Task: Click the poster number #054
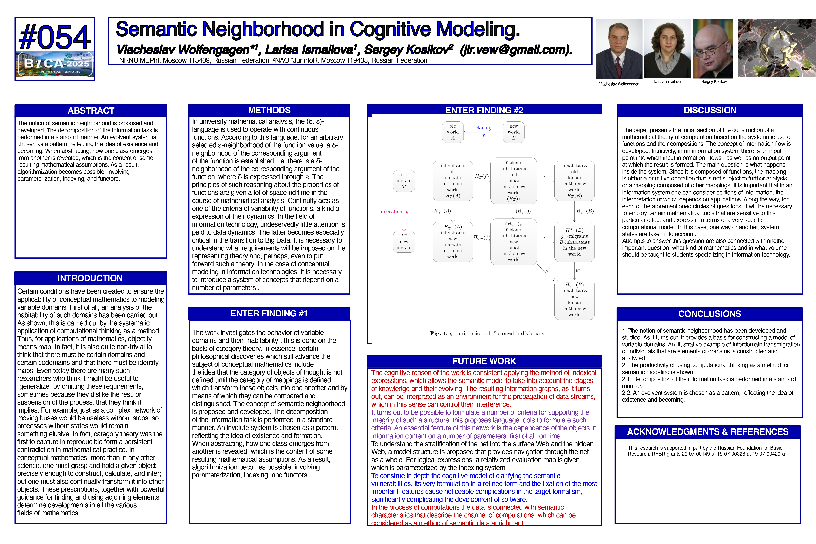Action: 55,37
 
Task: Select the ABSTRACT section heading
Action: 91,111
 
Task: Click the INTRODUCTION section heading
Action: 90,278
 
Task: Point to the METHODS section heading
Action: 269,110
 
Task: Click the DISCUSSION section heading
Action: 710,110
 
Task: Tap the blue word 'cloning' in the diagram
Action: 483,128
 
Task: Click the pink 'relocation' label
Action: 391,212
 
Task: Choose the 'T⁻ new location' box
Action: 404,242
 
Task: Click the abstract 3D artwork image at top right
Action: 776,48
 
